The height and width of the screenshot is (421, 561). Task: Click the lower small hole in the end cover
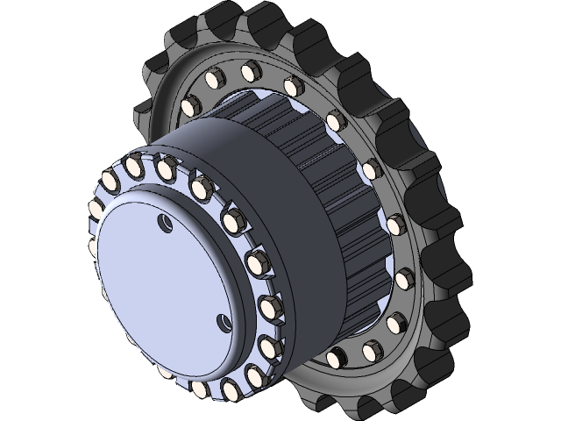click(x=224, y=321)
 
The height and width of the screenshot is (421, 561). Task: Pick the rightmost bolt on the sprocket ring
click(x=403, y=281)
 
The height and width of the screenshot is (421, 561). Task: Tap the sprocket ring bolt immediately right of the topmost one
click(x=293, y=86)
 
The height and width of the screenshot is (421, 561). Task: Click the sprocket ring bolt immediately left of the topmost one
click(x=212, y=81)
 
